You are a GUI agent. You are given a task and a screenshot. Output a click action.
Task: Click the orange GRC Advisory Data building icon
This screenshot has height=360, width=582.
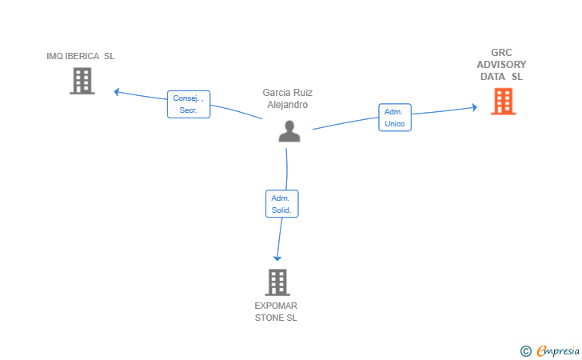tap(503, 102)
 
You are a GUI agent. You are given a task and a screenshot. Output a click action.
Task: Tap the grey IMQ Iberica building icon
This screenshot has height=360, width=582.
tap(82, 81)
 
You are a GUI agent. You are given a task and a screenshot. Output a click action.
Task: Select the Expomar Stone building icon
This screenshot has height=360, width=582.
tap(277, 282)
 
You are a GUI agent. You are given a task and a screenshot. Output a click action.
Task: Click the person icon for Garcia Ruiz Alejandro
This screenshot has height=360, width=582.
tap(289, 130)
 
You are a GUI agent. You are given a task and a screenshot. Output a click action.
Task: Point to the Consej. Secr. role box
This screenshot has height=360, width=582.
tap(189, 104)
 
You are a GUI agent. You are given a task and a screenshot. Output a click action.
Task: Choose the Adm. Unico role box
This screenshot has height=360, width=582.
tap(394, 118)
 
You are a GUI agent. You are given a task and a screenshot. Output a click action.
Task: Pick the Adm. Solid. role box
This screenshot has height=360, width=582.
tap(281, 204)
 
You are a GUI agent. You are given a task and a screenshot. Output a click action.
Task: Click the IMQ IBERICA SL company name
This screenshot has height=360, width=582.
tap(81, 56)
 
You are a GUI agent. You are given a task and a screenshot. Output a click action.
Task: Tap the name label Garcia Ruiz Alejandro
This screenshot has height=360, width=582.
tap(288, 98)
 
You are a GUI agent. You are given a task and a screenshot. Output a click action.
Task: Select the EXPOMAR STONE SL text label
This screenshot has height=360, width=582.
tap(276, 311)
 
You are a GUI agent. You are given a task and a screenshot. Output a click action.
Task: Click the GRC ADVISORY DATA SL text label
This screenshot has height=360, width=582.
tap(501, 65)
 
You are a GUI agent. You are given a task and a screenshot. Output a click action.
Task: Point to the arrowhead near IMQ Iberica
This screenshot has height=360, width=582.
tap(118, 91)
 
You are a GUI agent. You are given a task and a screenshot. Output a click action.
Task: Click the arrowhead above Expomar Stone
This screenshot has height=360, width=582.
tap(277, 257)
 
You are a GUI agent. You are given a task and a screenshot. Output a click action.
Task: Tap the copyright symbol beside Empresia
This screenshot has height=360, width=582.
tap(525, 350)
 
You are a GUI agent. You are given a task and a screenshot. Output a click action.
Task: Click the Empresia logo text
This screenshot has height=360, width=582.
tap(558, 350)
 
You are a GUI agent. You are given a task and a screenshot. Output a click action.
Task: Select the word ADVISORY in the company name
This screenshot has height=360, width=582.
tap(501, 65)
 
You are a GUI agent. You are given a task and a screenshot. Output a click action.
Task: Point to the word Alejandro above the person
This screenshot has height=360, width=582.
tap(288, 105)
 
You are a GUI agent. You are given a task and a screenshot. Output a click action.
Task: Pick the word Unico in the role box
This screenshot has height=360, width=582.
tap(394, 124)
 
